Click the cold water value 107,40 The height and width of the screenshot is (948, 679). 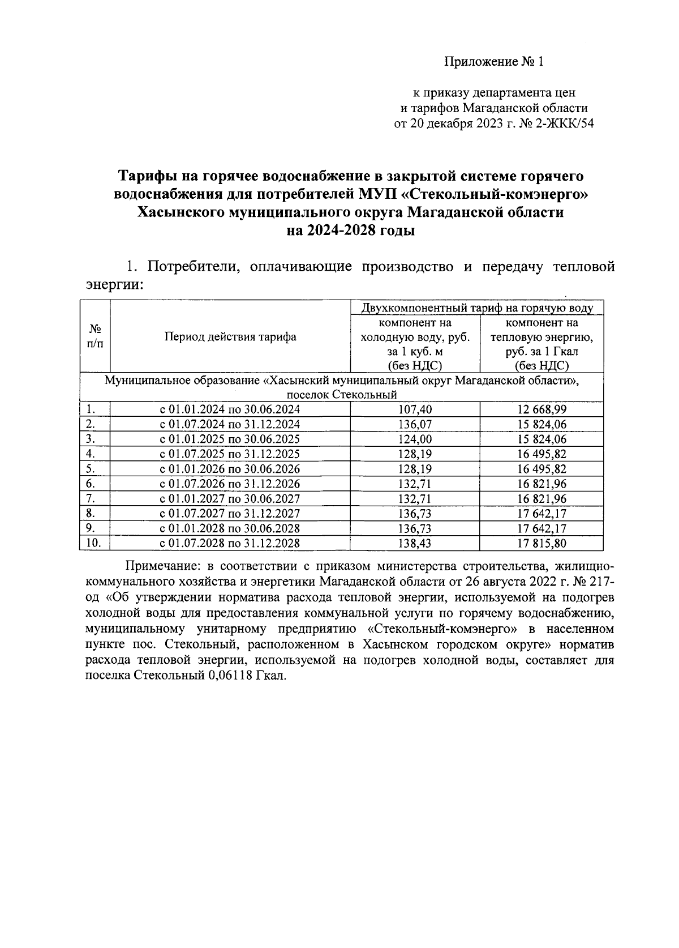tap(415, 409)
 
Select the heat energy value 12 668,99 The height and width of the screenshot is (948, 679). tap(541, 409)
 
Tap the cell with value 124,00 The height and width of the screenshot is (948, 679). tap(415, 439)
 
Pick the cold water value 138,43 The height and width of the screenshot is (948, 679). tap(415, 544)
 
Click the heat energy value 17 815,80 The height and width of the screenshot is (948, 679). tap(541, 544)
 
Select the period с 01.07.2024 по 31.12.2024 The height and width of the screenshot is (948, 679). tap(230, 424)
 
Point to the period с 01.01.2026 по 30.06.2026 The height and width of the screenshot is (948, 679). tap(230, 469)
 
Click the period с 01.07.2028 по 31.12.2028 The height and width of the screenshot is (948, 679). tap(230, 544)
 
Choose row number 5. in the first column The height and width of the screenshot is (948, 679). tap(91, 468)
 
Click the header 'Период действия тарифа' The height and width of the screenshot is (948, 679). tap(230, 337)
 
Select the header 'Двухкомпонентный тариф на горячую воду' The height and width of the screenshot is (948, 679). tap(477, 308)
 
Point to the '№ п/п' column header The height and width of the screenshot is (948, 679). tap(95, 336)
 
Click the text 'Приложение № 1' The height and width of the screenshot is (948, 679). tap(493, 62)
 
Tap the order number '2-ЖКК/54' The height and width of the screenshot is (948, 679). tap(566, 123)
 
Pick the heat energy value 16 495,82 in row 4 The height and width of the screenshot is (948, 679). tap(541, 454)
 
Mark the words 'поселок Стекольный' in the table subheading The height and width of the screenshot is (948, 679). tap(342, 395)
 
